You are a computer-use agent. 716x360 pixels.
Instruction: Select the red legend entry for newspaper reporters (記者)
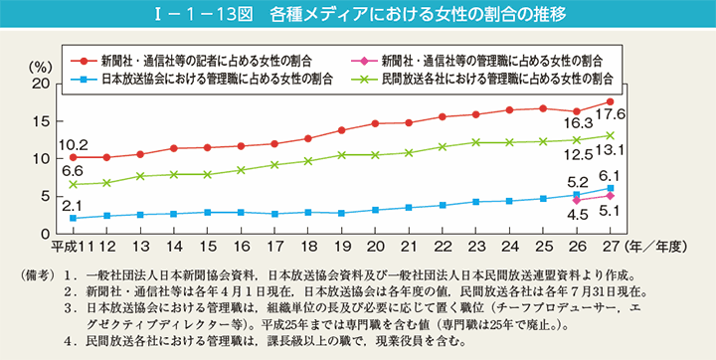[198, 58]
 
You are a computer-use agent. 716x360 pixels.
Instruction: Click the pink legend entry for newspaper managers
[486, 58]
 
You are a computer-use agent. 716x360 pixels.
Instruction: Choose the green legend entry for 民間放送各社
[486, 76]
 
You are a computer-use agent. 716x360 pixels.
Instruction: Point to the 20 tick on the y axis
[41, 84]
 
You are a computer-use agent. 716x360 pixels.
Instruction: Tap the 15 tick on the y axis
[41, 121]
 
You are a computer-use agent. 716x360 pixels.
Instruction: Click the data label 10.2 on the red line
[74, 144]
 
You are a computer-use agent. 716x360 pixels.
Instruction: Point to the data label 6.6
[72, 171]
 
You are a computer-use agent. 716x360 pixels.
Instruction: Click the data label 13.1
[610, 151]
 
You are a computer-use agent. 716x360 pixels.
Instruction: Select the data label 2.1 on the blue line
[72, 205]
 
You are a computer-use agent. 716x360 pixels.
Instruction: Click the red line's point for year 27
[610, 101]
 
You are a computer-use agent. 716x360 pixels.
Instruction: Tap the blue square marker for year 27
[610, 188]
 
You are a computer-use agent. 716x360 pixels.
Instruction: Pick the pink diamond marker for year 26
[576, 200]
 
